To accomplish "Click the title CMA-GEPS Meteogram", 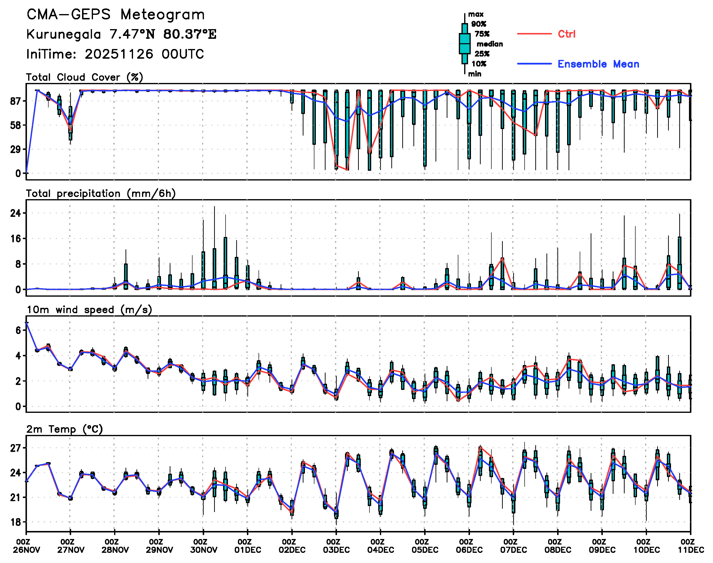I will [116, 15].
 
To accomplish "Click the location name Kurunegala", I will [64, 34].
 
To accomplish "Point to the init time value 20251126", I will [119, 54].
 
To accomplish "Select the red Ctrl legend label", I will [566, 34].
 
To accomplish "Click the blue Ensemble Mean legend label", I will [598, 64].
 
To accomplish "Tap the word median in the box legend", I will [490, 44].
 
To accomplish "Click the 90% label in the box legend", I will [478, 24].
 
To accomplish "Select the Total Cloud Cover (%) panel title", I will [84, 77].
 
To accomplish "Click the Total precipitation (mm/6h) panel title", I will [101, 194].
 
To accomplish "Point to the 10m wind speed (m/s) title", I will [89, 310].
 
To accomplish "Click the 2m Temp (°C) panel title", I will [65, 429].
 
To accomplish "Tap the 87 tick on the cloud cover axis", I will [16, 101].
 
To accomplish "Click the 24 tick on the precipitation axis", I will [16, 213].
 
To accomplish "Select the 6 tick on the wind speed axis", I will [18, 330].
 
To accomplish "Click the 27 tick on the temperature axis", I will [16, 448].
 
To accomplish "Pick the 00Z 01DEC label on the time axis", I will [247, 546].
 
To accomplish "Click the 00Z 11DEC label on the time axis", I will [691, 546].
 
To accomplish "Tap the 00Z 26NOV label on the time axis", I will [26, 546].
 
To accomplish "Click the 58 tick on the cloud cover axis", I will [16, 125].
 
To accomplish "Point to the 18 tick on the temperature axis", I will [16, 522].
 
